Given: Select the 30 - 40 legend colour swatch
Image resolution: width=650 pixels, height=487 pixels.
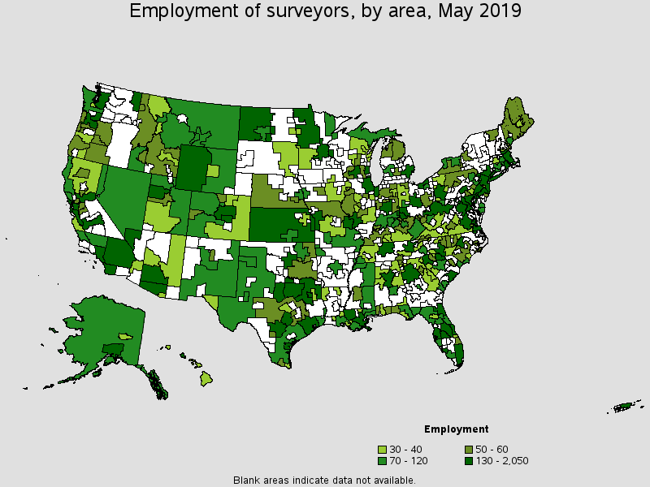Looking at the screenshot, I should [382, 450].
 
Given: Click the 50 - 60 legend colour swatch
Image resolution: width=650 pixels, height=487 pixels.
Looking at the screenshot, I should [468, 450].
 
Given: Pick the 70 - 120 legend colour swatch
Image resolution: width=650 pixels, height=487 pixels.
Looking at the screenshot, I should [382, 461].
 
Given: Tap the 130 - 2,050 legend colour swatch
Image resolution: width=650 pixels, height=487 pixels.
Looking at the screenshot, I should [468, 461].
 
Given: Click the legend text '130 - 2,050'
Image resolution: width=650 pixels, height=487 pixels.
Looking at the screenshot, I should [501, 461].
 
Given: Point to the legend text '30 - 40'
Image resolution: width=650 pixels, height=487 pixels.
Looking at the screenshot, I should [406, 450].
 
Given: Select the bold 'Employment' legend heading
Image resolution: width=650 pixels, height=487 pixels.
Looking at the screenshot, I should [456, 429].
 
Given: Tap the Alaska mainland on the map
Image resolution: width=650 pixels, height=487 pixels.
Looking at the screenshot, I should [102, 325].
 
